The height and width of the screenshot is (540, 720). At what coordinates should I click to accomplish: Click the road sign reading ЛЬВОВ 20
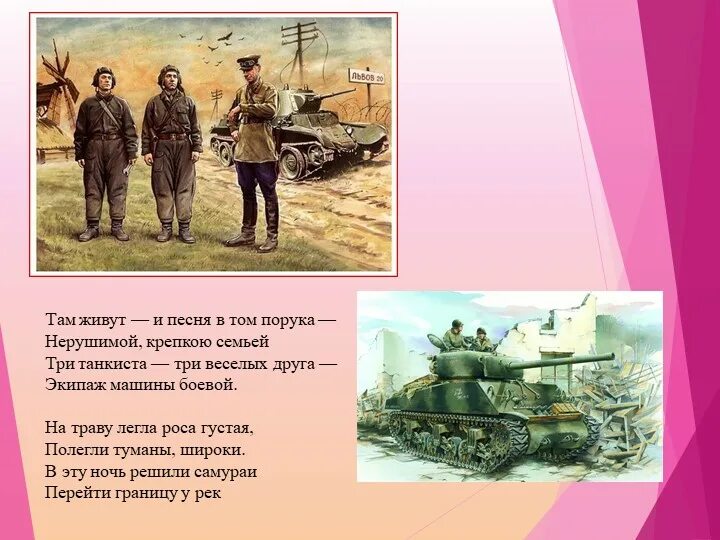click(x=365, y=75)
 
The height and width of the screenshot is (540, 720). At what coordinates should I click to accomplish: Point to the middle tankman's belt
click(x=171, y=135)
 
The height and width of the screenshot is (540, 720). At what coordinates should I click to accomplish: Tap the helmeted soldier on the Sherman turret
click(x=455, y=334)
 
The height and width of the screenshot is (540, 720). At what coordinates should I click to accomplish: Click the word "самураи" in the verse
click(x=225, y=471)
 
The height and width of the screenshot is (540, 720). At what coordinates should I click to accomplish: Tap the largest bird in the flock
click(x=226, y=38)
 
